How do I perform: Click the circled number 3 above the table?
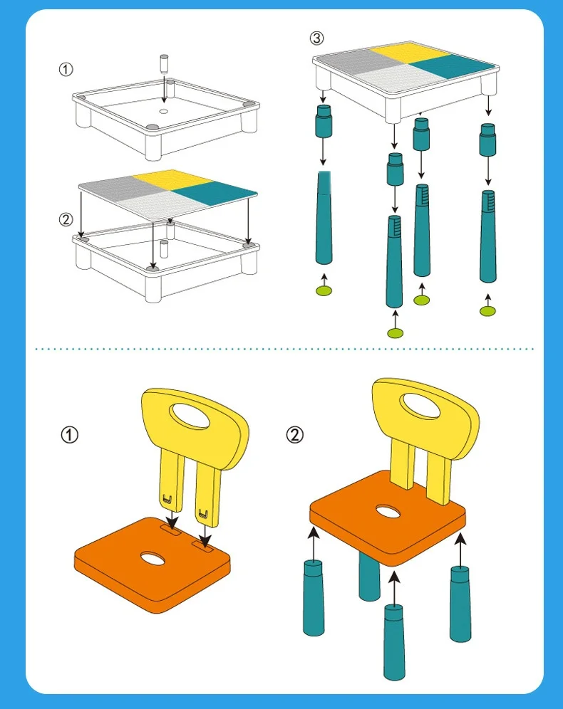pos(317,38)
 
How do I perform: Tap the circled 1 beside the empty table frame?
pos(66,69)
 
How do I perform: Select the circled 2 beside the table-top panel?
pos(66,219)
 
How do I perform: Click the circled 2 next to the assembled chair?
pos(295,435)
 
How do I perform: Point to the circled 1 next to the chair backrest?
pos(70,435)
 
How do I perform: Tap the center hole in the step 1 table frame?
pos(164,111)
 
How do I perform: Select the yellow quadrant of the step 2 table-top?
pos(173,180)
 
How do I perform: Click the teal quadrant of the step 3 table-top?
pos(451,66)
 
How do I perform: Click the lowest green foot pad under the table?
pos(395,333)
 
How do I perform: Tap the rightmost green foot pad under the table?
pos(487,310)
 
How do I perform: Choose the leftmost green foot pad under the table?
pos(324,290)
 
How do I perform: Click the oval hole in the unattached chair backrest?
pos(190,416)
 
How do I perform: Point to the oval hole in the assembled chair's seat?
pos(388,513)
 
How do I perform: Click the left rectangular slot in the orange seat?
pos(170,528)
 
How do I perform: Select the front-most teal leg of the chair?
pos(395,642)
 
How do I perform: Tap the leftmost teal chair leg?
pos(314,598)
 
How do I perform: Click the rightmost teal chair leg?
pos(460,604)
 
